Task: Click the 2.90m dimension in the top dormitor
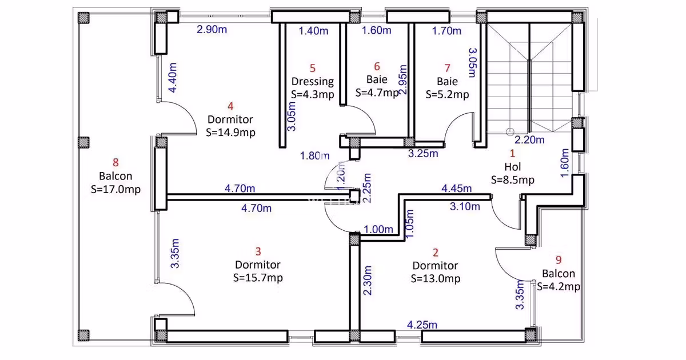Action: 212,30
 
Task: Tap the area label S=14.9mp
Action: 230,133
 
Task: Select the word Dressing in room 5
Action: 312,82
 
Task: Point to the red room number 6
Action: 377,66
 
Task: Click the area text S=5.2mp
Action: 447,95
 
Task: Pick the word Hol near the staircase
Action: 512,167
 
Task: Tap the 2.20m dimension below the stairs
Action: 529,140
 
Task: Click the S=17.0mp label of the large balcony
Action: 115,190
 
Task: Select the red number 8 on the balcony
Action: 115,162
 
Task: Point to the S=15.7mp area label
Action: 258,278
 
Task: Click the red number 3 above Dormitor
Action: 258,251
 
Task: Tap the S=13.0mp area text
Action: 435,279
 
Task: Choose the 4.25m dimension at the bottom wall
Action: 422,325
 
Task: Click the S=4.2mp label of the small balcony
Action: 559,287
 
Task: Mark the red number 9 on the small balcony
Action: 559,260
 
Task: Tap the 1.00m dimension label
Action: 378,229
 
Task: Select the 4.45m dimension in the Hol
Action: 456,189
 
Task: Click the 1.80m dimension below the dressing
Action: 315,156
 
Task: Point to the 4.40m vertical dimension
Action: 173,78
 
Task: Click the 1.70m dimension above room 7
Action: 446,31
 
